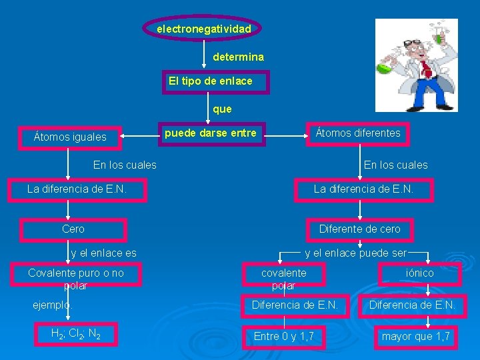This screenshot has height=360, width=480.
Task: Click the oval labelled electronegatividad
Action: tap(203, 29)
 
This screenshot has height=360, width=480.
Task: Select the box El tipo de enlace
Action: tap(210, 81)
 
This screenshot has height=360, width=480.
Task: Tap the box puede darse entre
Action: tap(210, 133)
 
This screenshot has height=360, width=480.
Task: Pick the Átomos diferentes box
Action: tap(359, 133)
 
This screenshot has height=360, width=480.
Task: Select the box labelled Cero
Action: tap(73, 229)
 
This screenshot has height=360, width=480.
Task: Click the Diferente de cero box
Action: tap(360, 229)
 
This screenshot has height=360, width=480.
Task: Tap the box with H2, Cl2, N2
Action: tap(76, 333)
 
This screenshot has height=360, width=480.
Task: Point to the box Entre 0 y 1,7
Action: tap(284, 336)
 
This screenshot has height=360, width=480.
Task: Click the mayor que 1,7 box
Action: tap(416, 336)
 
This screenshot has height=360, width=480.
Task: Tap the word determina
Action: tap(238, 57)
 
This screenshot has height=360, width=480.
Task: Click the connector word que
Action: tap(222, 108)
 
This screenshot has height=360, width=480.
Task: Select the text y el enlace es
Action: tap(103, 253)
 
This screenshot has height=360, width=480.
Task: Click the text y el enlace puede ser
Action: tap(355, 253)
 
